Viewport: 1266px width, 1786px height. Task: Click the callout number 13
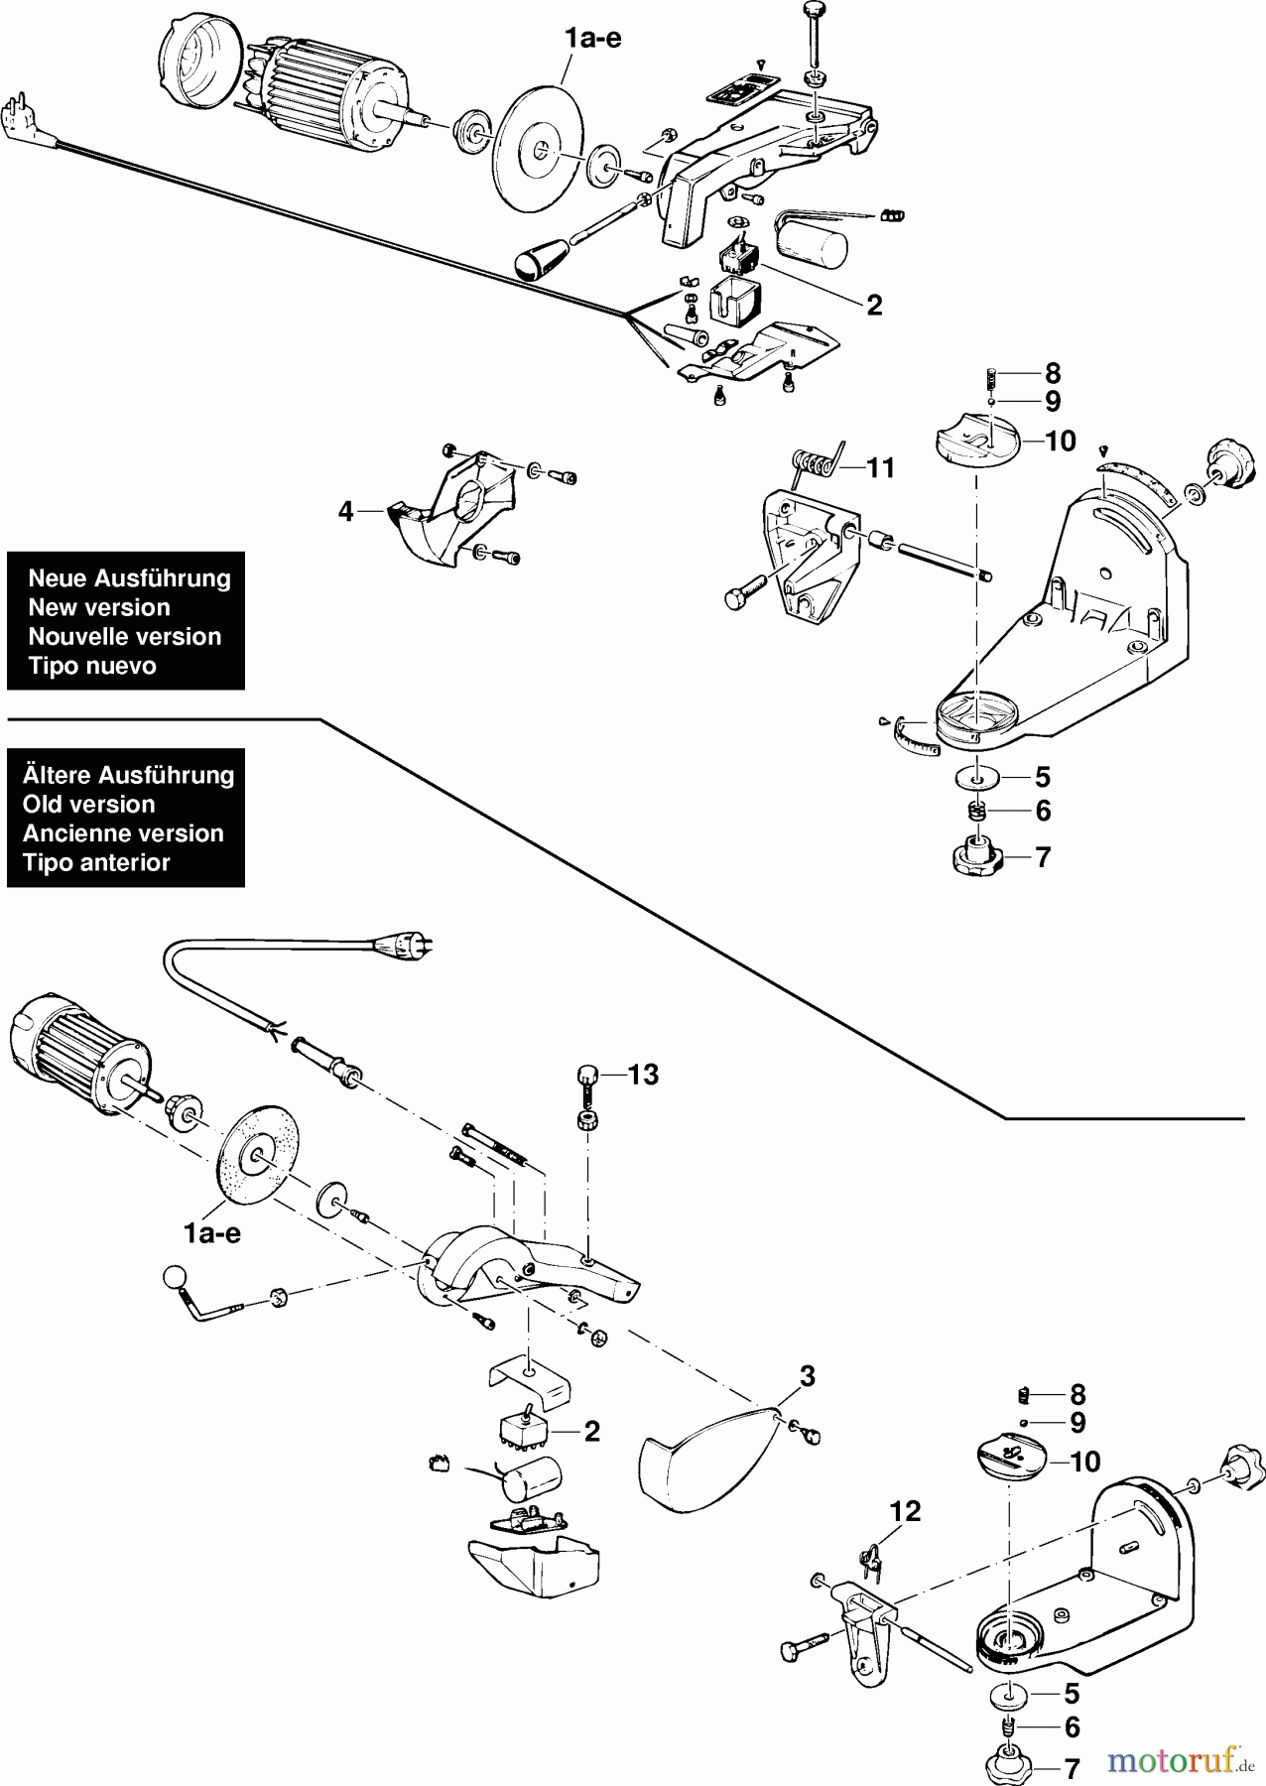pos(643,1075)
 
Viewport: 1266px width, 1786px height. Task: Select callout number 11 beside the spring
pos(880,467)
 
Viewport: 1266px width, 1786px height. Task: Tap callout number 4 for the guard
pos(345,512)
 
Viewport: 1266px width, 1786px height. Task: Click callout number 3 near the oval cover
pos(808,1376)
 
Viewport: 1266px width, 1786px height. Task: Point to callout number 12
pos(905,1512)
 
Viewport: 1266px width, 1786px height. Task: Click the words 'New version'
pos(98,607)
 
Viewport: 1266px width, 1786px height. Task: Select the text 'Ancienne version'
pos(123,833)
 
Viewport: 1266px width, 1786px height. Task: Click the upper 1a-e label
pos(592,40)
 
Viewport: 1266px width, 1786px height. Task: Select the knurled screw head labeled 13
pos(587,1074)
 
